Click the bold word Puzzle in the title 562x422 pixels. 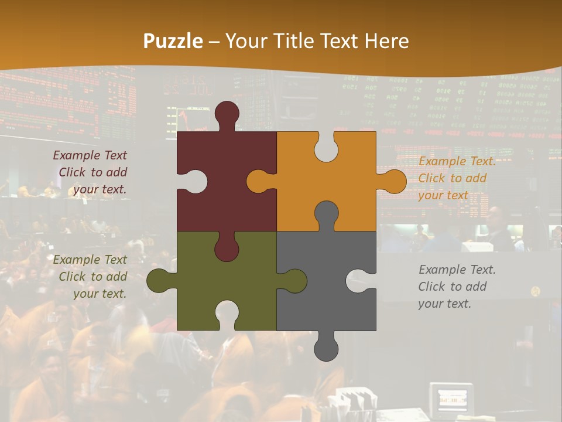[173, 42]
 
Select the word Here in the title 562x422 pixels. [386, 42]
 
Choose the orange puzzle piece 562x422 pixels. [345, 176]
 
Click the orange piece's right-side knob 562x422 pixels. [393, 182]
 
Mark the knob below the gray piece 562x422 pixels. [326, 348]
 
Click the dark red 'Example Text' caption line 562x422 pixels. [90, 155]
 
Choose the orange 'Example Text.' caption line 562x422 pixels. [457, 162]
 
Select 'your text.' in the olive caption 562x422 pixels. [100, 294]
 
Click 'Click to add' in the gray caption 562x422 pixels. [452, 287]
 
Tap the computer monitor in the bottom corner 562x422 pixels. [451, 400]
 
